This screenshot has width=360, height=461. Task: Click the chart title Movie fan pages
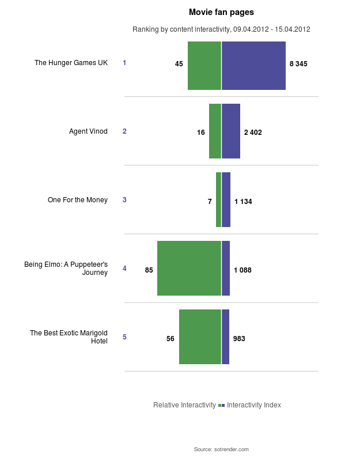pyautogui.click(x=221, y=12)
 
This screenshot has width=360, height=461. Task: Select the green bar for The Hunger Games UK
pyautogui.click(x=204, y=66)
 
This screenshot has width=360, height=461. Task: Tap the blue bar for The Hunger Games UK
pyautogui.click(x=253, y=66)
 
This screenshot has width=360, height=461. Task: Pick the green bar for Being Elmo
pyautogui.click(x=189, y=269)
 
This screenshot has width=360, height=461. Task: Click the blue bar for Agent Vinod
pyautogui.click(x=231, y=131)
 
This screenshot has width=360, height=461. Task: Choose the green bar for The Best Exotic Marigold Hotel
pyautogui.click(x=200, y=337)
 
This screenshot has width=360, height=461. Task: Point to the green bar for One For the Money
pyautogui.click(x=218, y=200)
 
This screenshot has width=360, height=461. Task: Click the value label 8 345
pyautogui.click(x=298, y=64)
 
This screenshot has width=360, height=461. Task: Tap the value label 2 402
pyautogui.click(x=253, y=133)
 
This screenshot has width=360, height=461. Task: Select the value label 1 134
pyautogui.click(x=243, y=202)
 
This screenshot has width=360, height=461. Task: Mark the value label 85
pyautogui.click(x=149, y=270)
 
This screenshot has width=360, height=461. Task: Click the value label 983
pyautogui.click(x=239, y=339)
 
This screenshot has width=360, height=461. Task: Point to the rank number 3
pyautogui.click(x=124, y=200)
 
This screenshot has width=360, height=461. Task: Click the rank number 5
pyautogui.click(x=124, y=337)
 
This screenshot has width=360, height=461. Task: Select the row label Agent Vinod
pyautogui.click(x=88, y=131)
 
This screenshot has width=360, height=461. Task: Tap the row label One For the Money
pyautogui.click(x=78, y=200)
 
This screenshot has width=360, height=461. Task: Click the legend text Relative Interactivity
pyautogui.click(x=184, y=405)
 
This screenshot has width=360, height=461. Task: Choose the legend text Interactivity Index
pyautogui.click(x=254, y=405)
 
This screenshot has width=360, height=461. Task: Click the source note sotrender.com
pyautogui.click(x=221, y=449)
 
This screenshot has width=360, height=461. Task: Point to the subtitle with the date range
pyautogui.click(x=221, y=29)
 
